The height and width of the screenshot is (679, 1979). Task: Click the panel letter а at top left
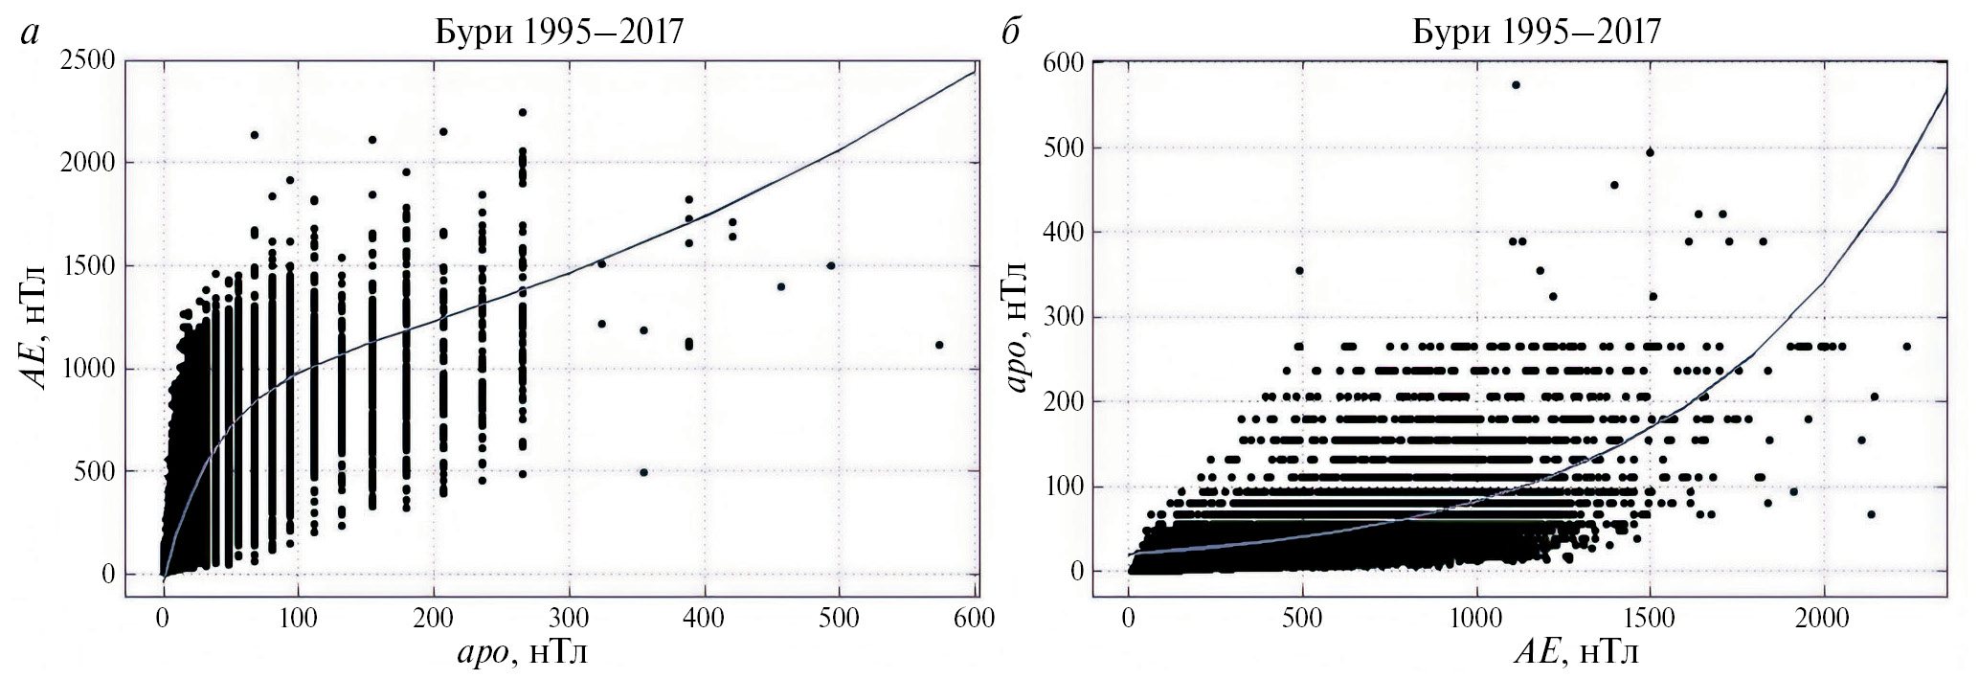[x=31, y=34]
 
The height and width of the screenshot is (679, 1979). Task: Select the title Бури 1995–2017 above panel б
[x=1537, y=32]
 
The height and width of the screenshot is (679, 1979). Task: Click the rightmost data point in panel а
[x=939, y=345]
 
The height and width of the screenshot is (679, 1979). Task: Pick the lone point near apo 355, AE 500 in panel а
[x=643, y=472]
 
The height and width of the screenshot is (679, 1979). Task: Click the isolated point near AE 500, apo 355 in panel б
[x=1299, y=270]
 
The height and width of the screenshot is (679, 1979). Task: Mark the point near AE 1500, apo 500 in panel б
[x=1650, y=152]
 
